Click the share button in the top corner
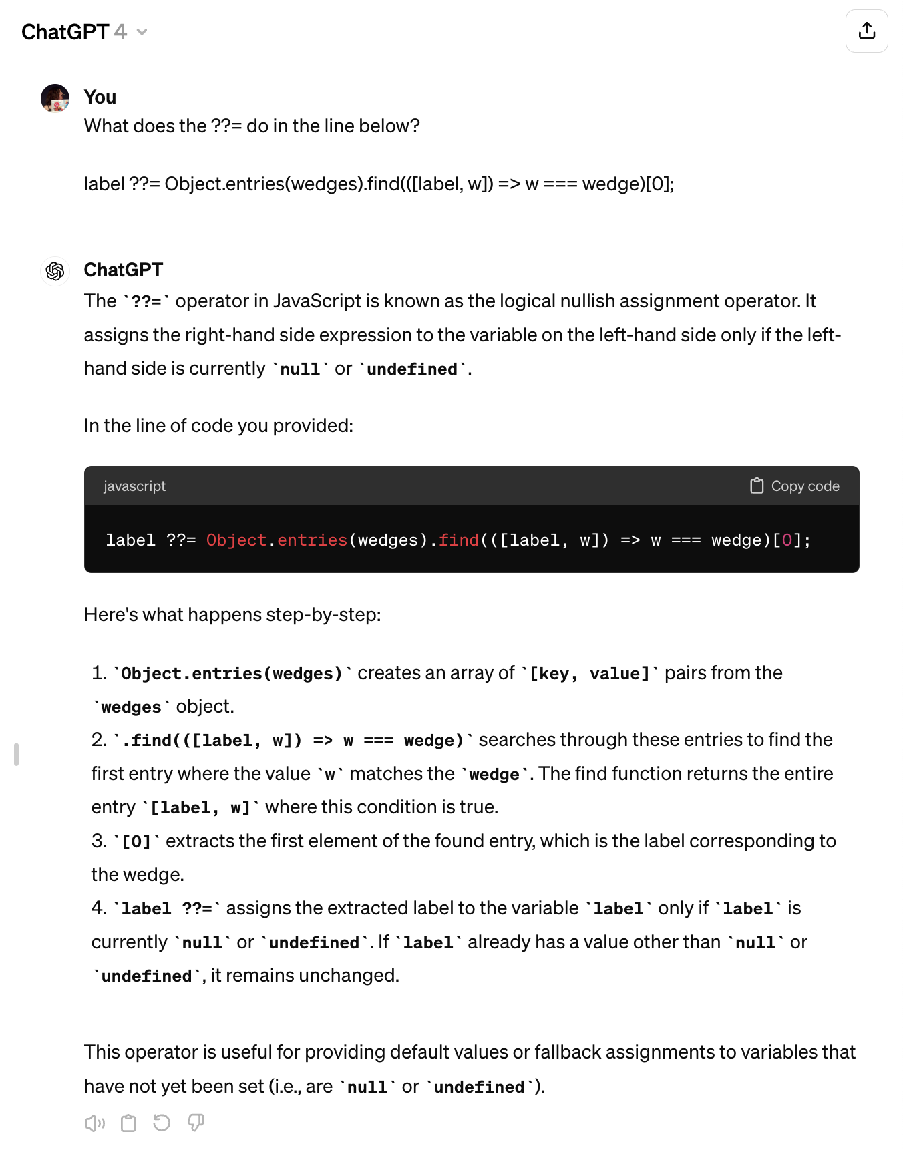pyautogui.click(x=866, y=31)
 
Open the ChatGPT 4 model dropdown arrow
pyautogui.click(x=142, y=32)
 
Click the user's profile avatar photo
pyautogui.click(x=55, y=98)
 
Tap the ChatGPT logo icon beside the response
pyautogui.click(x=55, y=271)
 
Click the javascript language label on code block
pyautogui.click(x=134, y=486)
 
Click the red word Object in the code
pyautogui.click(x=236, y=540)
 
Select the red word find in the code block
pyautogui.click(x=459, y=540)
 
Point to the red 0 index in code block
pyautogui.click(x=787, y=540)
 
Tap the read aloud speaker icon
pyautogui.click(x=95, y=1123)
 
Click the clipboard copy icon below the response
pyautogui.click(x=128, y=1123)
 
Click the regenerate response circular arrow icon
pyautogui.click(x=162, y=1123)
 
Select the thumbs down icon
pyautogui.click(x=196, y=1123)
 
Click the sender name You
pyautogui.click(x=100, y=98)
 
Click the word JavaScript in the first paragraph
pyautogui.click(x=317, y=301)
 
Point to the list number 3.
pyautogui.click(x=99, y=841)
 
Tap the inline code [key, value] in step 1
pyautogui.click(x=590, y=674)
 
